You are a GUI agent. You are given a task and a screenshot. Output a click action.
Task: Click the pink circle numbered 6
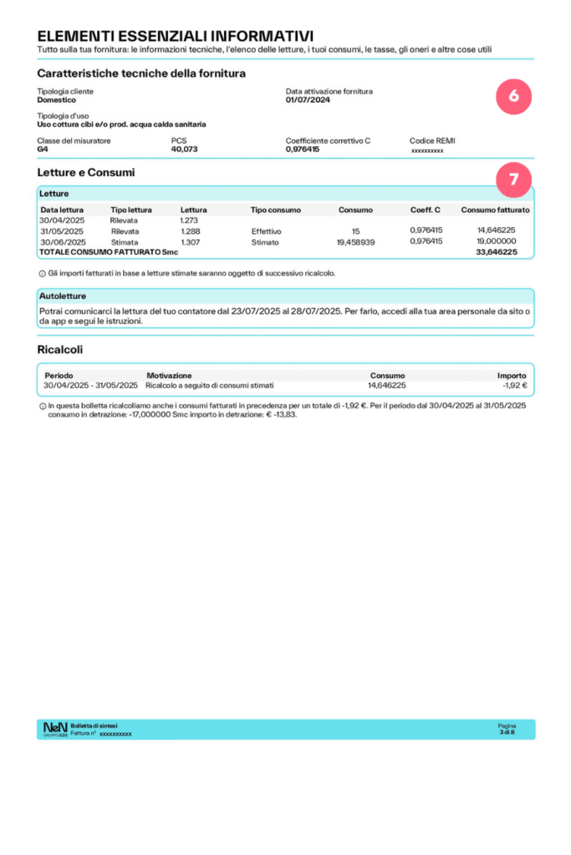click(513, 97)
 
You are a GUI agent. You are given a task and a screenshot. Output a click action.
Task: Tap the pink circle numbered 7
click(513, 179)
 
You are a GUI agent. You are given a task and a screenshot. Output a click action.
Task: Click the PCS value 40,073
click(184, 149)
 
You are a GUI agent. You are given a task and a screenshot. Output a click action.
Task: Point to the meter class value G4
click(43, 149)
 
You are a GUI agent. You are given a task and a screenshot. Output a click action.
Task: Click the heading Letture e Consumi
click(86, 173)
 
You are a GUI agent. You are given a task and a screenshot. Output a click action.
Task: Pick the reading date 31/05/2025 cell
click(62, 231)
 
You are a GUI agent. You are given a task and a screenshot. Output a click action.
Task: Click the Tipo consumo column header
click(275, 210)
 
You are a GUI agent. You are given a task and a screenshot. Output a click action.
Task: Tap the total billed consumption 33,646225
click(497, 252)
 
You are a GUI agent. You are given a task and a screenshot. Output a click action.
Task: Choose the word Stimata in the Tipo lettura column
click(125, 242)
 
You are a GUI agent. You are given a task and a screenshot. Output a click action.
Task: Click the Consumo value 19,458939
click(355, 242)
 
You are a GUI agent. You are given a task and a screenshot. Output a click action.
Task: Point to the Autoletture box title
click(63, 296)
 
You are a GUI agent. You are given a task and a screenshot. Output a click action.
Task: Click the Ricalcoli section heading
click(60, 349)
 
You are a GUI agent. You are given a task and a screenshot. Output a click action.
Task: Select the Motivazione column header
click(169, 376)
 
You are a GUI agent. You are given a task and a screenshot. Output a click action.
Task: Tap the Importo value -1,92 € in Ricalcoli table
click(515, 386)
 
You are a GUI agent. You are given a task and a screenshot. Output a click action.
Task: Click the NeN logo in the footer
click(55, 729)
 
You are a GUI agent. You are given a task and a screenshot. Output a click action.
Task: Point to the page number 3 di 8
click(507, 732)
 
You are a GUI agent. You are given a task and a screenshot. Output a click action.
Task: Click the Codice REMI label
click(432, 140)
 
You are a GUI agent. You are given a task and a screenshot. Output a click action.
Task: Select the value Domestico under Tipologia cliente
click(57, 100)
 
